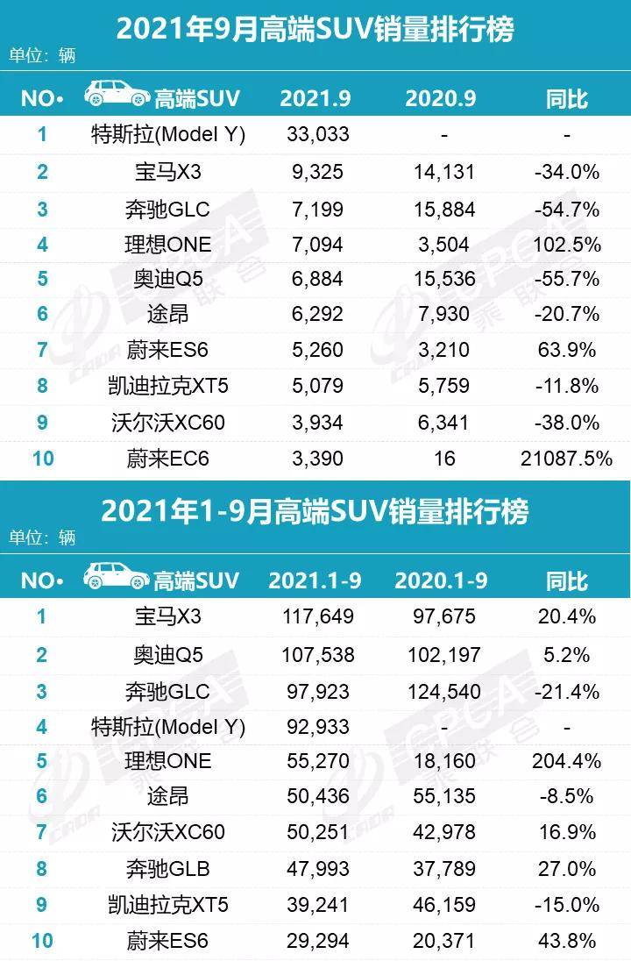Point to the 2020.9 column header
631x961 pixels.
440,97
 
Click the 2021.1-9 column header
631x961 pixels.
315,580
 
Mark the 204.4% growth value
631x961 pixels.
566,760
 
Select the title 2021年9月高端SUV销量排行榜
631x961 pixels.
315,30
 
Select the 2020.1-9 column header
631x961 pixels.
442,580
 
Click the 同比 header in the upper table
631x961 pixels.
566,97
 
